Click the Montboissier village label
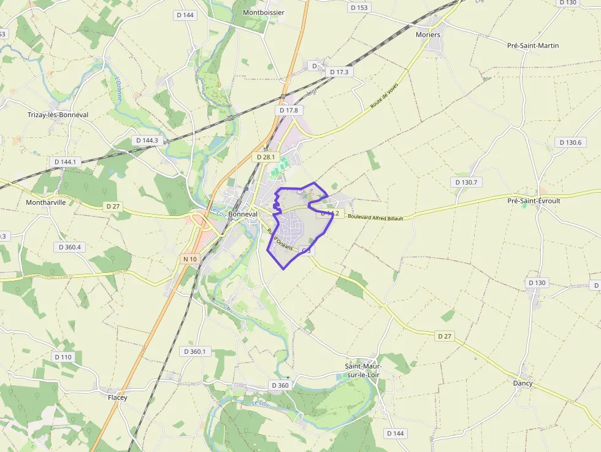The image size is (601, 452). [264, 12]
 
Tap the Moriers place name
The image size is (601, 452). [428, 35]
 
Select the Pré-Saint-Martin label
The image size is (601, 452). [533, 45]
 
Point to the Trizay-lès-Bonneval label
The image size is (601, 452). [58, 115]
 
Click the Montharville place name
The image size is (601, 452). [46, 202]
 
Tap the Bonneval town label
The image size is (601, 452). [242, 215]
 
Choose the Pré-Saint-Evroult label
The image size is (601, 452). [534, 201]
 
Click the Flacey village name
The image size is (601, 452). [118, 397]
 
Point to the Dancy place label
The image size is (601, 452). [523, 383]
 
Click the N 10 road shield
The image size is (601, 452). [190, 259]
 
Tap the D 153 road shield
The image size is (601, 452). [359, 7]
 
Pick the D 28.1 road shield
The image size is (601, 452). [266, 157]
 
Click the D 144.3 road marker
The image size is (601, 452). [147, 140]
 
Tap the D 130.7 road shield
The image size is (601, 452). [467, 182]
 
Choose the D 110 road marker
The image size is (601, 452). [63, 357]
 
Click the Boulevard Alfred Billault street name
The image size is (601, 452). [375, 217]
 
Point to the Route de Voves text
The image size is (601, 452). [385, 96]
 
